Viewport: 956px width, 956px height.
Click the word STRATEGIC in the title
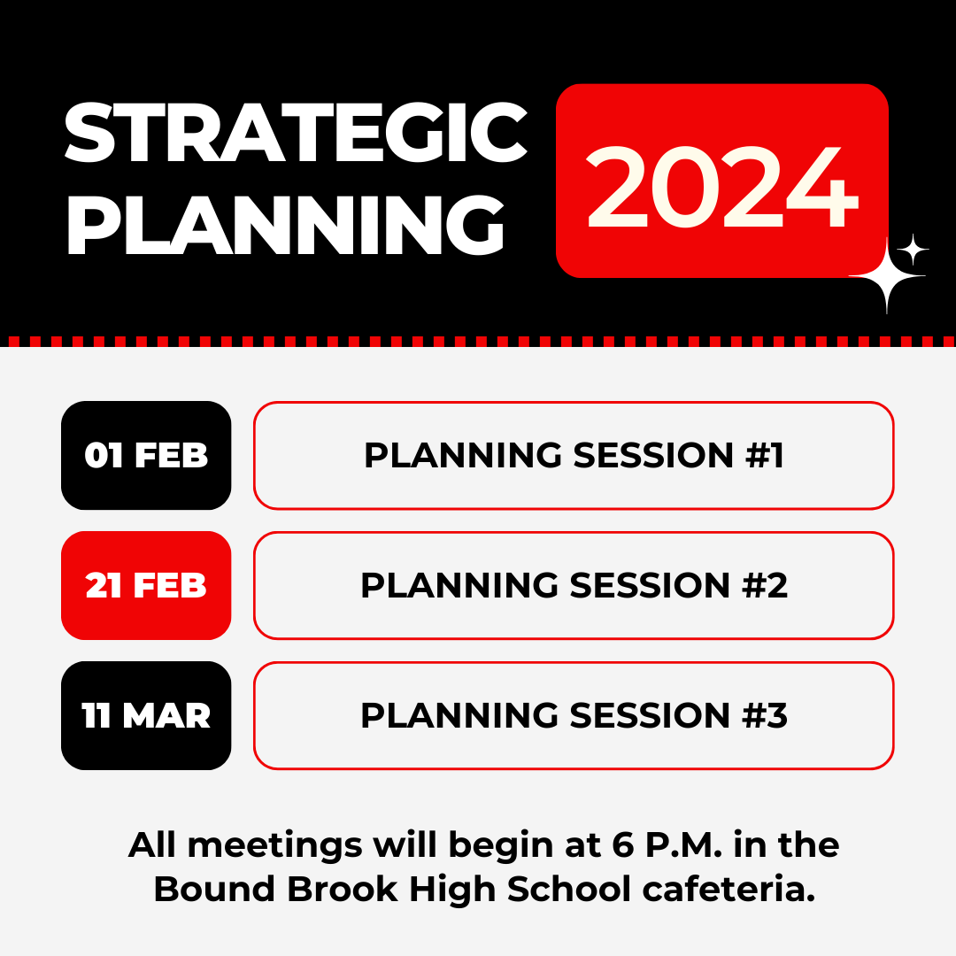tap(296, 132)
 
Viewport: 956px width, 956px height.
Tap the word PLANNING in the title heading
tap(285, 225)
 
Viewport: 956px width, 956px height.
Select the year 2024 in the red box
tap(722, 187)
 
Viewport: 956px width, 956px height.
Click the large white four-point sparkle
tap(887, 276)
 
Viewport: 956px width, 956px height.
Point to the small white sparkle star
tap(913, 250)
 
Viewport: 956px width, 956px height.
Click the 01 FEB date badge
tap(146, 456)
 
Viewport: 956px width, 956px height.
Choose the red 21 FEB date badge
tap(146, 585)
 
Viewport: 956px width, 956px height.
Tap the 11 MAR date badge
tap(146, 715)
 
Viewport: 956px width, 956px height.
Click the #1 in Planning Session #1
tap(765, 456)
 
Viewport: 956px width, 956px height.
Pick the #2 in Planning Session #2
tap(765, 585)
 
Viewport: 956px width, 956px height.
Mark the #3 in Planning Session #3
tap(765, 715)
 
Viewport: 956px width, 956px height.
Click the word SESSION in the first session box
tap(653, 456)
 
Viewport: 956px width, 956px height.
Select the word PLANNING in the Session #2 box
tap(459, 585)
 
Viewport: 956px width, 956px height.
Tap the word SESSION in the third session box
tap(650, 715)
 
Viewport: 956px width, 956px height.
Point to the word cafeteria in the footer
tap(729, 889)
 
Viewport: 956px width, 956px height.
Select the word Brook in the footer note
tap(342, 889)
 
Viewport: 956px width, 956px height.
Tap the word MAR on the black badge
tap(166, 715)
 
